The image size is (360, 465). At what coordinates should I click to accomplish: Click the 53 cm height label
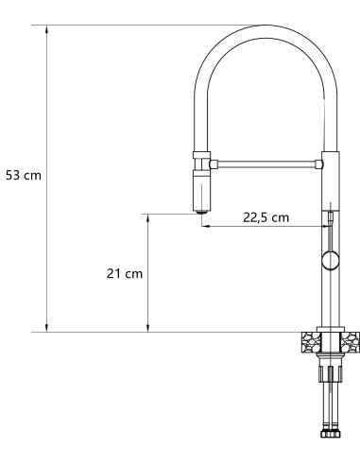(x=24, y=176)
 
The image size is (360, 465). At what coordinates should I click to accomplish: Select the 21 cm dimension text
(x=124, y=273)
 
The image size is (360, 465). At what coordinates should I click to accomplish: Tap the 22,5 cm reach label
(x=266, y=217)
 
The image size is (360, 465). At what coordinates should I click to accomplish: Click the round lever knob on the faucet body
(x=329, y=262)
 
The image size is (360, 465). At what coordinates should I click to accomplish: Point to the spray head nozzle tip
(x=201, y=213)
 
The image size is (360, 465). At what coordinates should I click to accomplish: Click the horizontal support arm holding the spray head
(x=269, y=164)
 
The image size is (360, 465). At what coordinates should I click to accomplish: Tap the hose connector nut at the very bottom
(x=331, y=439)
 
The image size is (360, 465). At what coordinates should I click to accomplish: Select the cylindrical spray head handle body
(x=201, y=192)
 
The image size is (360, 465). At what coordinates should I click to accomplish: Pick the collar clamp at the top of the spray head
(x=201, y=157)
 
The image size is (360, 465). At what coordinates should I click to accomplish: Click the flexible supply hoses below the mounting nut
(x=330, y=402)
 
